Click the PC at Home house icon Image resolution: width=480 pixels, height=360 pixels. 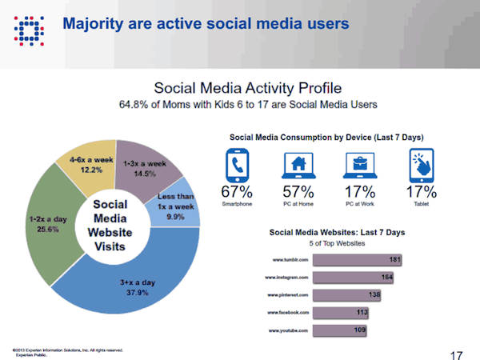297,166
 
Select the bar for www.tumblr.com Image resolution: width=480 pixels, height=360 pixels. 358,260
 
